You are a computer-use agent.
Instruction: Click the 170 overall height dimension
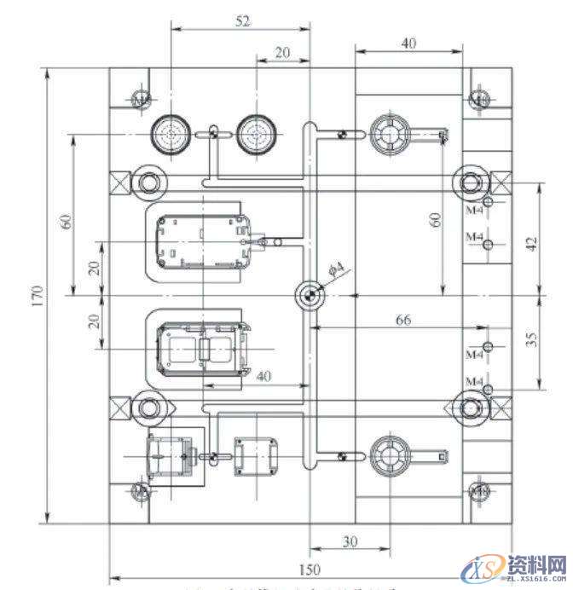(38, 294)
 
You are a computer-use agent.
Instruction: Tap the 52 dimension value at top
(242, 22)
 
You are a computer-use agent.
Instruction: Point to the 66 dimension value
(403, 320)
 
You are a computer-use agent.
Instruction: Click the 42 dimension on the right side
(531, 244)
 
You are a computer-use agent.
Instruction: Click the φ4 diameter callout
(336, 269)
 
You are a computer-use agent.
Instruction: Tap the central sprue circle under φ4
(310, 295)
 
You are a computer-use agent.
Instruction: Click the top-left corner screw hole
(142, 100)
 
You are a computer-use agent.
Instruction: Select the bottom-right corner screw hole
(480, 492)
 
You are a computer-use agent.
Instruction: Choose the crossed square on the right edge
(501, 181)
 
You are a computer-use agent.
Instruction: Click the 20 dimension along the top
(283, 53)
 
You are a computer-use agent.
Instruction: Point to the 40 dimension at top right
(408, 43)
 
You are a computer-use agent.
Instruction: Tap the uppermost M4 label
(474, 207)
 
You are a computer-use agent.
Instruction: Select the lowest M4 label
(474, 379)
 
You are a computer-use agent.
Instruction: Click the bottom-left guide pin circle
(148, 407)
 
